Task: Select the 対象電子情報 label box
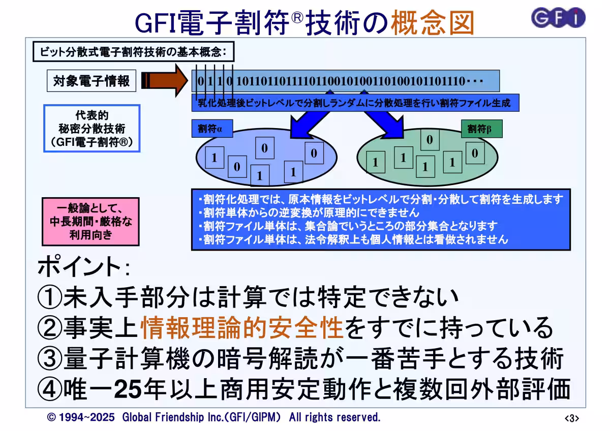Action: click(x=91, y=81)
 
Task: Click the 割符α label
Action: click(x=210, y=129)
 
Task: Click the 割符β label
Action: click(x=479, y=129)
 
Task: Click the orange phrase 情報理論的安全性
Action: click(x=241, y=327)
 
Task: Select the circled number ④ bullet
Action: click(x=50, y=390)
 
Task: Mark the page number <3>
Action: click(x=572, y=418)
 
